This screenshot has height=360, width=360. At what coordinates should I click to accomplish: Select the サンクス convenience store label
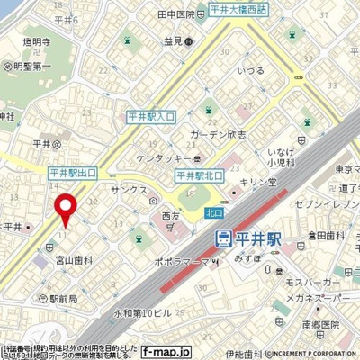click(128, 192)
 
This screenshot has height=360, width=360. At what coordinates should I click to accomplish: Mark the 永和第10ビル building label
click(138, 312)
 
